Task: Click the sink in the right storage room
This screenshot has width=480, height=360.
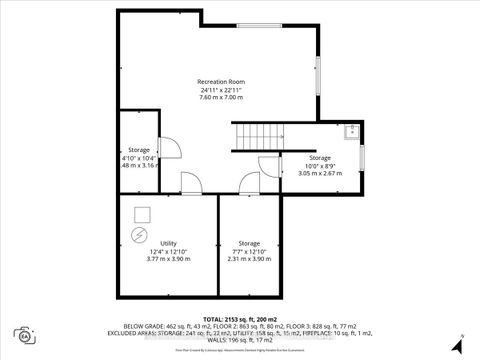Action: point(351,131)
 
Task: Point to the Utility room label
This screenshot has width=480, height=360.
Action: point(168,242)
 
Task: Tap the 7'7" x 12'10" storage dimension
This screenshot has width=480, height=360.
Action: point(249,251)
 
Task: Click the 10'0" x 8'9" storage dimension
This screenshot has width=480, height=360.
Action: point(319,165)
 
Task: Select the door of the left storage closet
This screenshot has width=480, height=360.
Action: point(170,148)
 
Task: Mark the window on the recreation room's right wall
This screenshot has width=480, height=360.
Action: point(318,76)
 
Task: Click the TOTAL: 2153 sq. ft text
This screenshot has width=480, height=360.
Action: point(240,318)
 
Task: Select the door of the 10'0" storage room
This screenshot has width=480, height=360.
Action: point(267,167)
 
